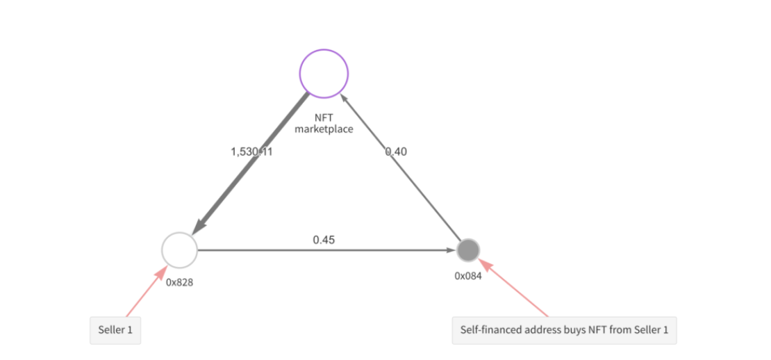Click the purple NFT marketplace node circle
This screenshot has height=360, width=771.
324,73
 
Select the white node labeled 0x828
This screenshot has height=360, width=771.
179,249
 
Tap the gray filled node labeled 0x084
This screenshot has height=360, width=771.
469,249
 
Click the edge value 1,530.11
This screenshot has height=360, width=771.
251,151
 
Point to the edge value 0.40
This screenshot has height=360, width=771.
396,151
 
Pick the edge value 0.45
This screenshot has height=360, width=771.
324,240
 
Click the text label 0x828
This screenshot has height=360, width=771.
179,282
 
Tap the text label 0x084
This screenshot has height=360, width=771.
469,276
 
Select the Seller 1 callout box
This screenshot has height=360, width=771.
115,330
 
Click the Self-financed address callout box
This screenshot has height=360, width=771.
564,330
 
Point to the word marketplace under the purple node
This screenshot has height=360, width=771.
324,129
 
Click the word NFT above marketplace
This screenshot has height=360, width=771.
324,118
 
